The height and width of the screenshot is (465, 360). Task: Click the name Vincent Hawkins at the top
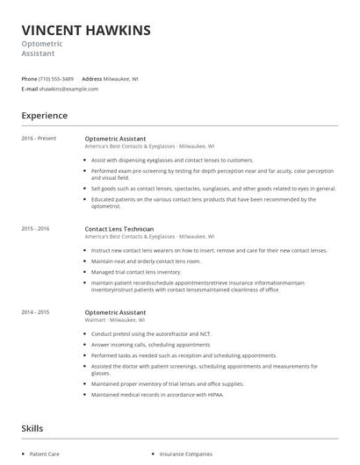86,30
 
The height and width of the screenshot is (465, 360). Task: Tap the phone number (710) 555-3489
57,79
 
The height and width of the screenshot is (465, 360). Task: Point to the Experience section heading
44,115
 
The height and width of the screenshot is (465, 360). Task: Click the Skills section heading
32,428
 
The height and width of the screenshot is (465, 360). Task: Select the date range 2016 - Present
39,138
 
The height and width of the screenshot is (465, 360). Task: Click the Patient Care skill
45,454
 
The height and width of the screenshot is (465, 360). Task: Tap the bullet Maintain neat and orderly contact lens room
146,261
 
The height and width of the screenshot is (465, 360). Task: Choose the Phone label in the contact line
29,79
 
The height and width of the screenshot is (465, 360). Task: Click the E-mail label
30,89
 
